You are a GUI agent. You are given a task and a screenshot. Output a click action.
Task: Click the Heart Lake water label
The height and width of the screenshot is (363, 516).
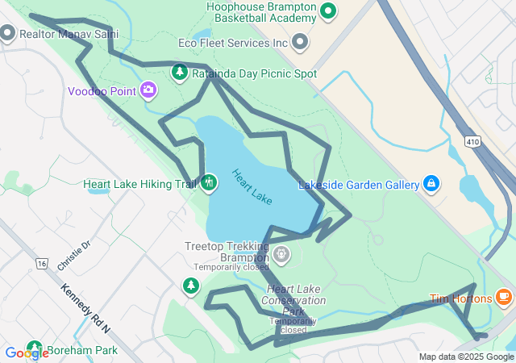point(252,186)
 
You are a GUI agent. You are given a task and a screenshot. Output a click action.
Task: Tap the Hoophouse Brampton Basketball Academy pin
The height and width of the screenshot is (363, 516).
point(327,11)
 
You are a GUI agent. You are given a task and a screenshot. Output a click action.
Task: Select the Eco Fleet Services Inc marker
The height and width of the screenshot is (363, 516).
point(300,41)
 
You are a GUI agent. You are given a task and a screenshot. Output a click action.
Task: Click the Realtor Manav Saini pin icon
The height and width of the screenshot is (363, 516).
point(8,33)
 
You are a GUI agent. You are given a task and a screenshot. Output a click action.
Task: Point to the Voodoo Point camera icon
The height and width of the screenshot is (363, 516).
point(148,90)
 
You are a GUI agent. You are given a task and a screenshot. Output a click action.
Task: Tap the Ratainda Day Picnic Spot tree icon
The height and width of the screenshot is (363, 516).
point(180,73)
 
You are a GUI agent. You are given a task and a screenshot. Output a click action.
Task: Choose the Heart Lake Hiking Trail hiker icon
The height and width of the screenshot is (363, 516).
point(209,182)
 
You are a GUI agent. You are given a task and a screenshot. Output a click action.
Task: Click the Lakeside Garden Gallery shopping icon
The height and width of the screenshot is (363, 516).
point(431,185)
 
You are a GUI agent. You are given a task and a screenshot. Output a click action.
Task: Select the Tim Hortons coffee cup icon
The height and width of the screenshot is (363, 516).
point(504,298)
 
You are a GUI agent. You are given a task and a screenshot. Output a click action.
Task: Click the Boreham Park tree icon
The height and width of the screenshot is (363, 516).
point(34,349)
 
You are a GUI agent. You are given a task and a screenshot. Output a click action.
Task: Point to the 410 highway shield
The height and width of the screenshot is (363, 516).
point(472,141)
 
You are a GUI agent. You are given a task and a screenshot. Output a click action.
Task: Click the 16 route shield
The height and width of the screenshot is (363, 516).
point(41,263)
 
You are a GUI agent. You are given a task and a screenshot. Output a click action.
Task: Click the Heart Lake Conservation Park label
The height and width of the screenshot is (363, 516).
point(295,300)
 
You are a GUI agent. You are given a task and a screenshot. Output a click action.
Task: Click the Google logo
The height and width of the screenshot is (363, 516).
point(26,353)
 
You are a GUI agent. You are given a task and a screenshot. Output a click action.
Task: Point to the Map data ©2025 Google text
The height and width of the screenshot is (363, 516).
point(466,357)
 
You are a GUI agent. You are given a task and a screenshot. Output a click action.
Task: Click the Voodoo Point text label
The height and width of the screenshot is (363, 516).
point(102,91)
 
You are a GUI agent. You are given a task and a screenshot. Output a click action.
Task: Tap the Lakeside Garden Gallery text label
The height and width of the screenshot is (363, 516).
point(359,185)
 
